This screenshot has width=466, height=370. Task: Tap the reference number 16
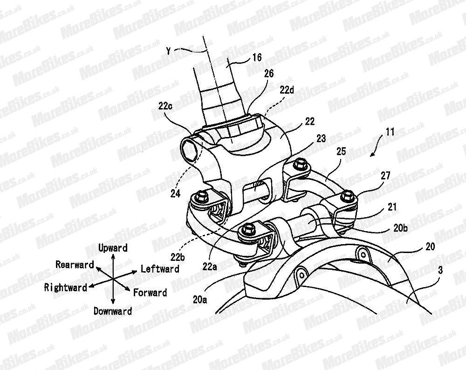[256, 58]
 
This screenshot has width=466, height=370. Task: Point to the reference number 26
[268, 74]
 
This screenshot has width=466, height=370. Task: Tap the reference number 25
[341, 152]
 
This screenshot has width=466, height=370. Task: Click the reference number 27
[385, 175]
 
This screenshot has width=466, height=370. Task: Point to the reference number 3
[440, 270]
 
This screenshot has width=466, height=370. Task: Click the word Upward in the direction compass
[113, 247]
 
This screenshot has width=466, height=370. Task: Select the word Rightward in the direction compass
[65, 288]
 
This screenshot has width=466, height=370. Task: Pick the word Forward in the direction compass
[150, 293]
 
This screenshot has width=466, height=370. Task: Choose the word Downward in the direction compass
[113, 311]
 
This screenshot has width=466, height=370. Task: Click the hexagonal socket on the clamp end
[190, 150]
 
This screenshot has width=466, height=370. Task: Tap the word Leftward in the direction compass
[160, 269]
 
